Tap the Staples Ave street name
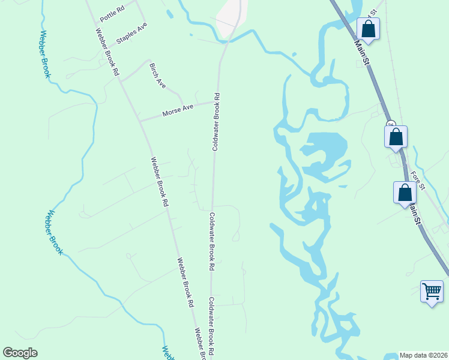click(132, 32)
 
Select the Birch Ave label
click(157, 76)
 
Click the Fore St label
click(418, 181)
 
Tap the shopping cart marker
click(432, 292)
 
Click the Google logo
click(20, 353)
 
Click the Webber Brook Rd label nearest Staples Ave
click(107, 52)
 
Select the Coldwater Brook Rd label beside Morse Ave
click(217, 121)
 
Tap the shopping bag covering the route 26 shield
click(396, 137)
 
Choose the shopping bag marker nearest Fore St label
click(405, 193)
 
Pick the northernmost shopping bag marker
click(367, 29)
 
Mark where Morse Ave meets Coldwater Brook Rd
click(216, 101)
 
